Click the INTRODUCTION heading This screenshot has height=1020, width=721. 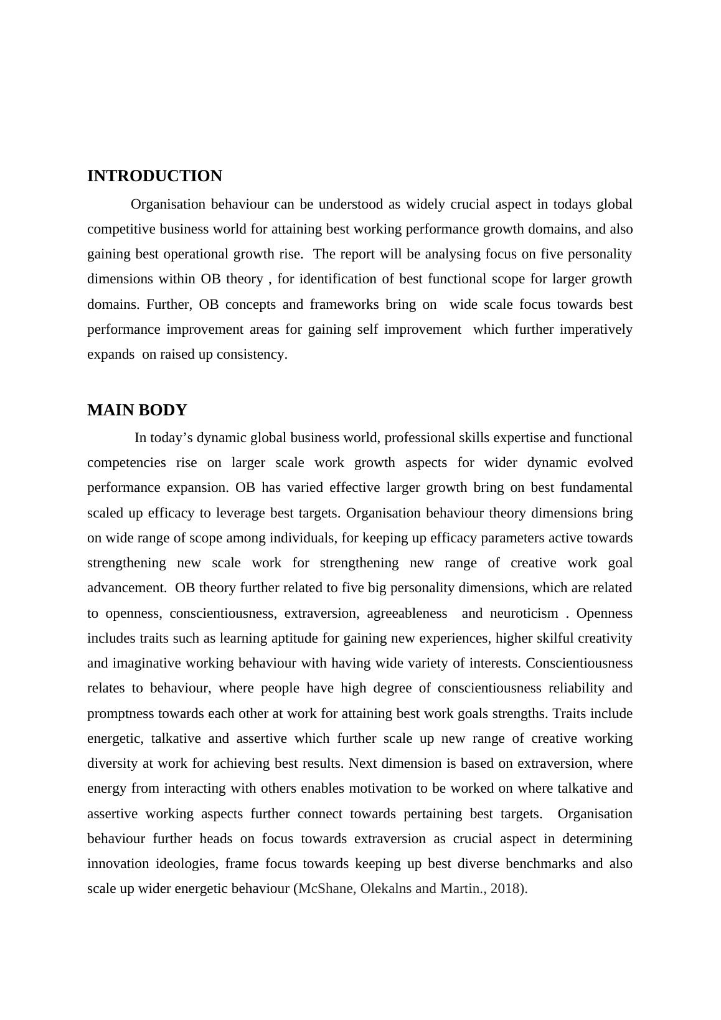(154, 176)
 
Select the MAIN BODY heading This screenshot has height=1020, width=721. (137, 410)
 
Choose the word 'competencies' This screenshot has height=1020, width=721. (126, 463)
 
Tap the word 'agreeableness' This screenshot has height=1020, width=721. (407, 613)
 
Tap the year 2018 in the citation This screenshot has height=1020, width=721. (505, 889)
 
